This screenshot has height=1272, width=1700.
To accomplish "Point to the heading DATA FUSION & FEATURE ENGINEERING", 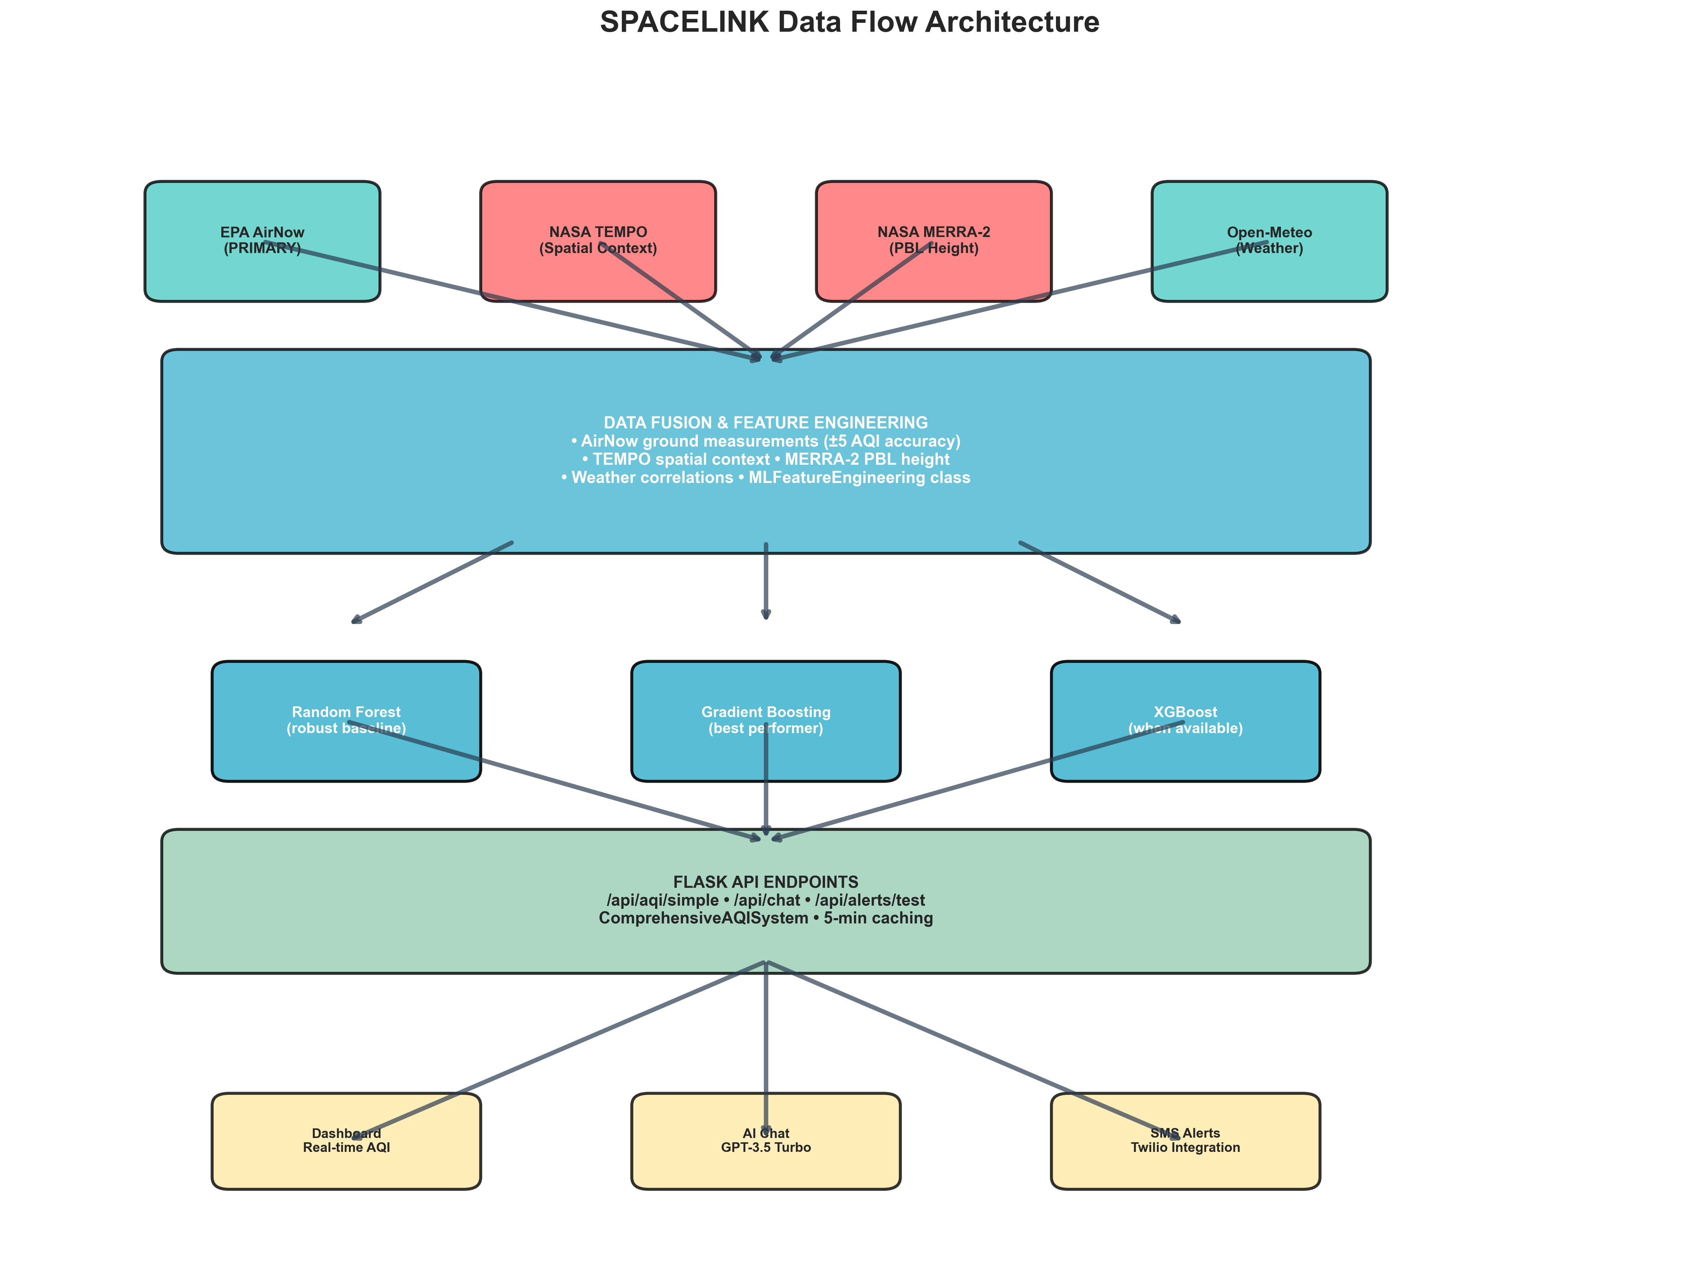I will [766, 423].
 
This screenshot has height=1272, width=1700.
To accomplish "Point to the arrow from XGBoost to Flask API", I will [976, 780].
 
